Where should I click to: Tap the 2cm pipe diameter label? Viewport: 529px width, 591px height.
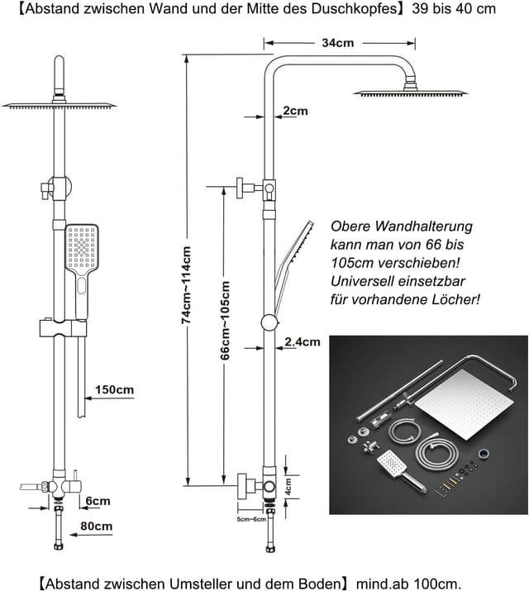point(295,111)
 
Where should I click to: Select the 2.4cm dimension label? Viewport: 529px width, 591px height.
point(302,341)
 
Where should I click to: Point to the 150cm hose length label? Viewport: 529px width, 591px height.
point(114,389)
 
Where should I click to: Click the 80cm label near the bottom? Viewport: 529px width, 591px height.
point(97,526)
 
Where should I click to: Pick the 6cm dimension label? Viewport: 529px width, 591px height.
point(97,501)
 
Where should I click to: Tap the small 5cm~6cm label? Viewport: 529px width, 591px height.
point(250,520)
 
